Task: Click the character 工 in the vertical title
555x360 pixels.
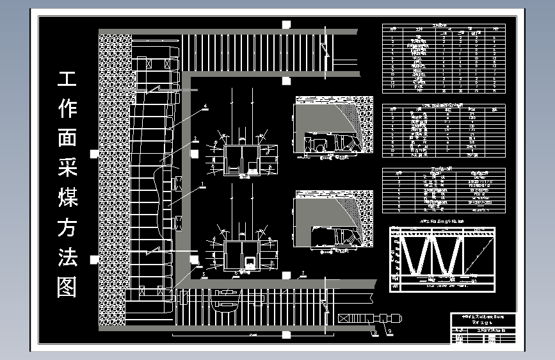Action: [67, 79]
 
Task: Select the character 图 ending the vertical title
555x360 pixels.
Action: [67, 286]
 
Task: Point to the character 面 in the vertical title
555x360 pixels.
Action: [67, 138]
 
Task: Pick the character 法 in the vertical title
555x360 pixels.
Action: [67, 257]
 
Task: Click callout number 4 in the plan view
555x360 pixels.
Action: [205, 106]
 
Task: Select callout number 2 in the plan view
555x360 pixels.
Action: [195, 139]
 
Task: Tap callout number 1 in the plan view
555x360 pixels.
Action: [203, 183]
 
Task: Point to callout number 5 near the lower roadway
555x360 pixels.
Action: [204, 274]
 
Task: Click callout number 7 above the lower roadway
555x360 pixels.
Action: [302, 274]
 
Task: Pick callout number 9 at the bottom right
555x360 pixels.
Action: [390, 331]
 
